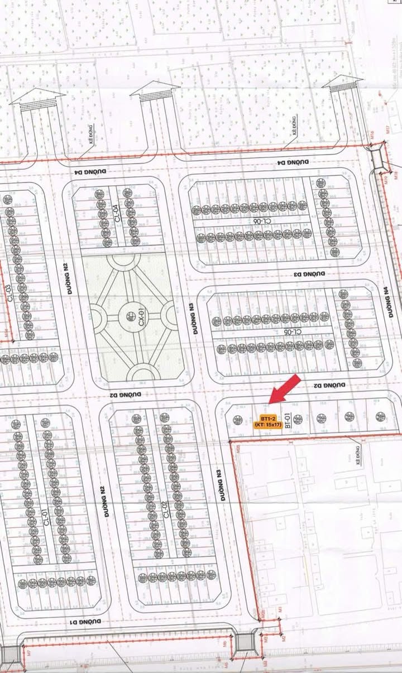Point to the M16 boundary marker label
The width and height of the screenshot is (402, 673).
click(x=372, y=134)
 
